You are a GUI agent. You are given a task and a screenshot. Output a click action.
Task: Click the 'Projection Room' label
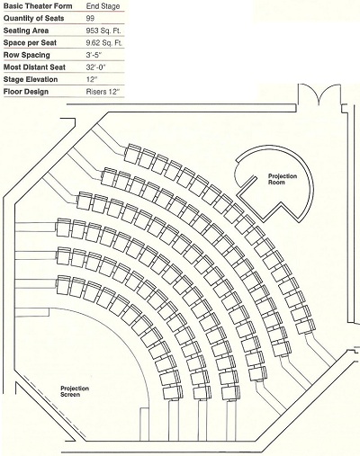283,179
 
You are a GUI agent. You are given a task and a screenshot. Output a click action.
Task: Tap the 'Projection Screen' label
75,391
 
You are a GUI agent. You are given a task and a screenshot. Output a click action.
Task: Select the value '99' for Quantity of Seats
90,18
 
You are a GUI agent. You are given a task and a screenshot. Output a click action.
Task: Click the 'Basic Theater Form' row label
38,6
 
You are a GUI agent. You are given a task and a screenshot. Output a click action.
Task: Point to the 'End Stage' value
103,6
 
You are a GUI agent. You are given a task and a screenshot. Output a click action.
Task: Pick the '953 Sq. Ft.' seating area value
103,31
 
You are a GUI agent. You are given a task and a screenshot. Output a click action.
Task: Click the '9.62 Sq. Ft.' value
104,43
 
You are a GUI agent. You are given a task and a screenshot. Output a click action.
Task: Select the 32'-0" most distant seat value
96,67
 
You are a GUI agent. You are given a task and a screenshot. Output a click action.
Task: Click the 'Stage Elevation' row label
31,79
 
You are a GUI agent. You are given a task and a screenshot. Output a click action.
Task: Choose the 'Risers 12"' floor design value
103,92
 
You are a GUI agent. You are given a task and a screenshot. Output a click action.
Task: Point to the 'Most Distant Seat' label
34,67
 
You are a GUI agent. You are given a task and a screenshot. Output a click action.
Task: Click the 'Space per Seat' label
30,43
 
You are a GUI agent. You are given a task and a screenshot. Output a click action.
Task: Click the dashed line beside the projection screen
54,409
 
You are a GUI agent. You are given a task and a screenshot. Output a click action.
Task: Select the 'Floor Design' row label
26,92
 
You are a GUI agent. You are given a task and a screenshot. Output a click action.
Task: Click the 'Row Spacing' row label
27,55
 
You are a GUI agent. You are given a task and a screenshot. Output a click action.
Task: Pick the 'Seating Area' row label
26,31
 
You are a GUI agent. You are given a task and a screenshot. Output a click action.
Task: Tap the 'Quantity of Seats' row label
33,18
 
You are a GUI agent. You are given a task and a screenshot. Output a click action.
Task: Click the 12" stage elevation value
92,79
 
